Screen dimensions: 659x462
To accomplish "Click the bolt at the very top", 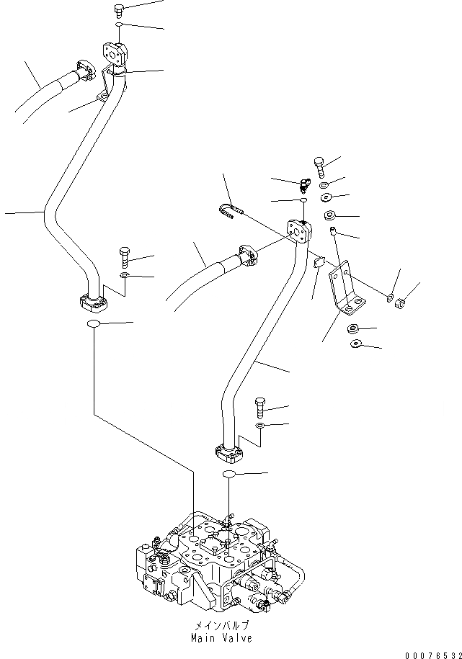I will [120, 10].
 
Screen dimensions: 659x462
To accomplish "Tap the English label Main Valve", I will [222, 638].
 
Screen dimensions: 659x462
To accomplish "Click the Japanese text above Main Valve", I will [222, 625].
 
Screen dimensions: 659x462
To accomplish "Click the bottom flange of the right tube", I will [230, 452].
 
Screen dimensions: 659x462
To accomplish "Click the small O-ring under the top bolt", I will [117, 25].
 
